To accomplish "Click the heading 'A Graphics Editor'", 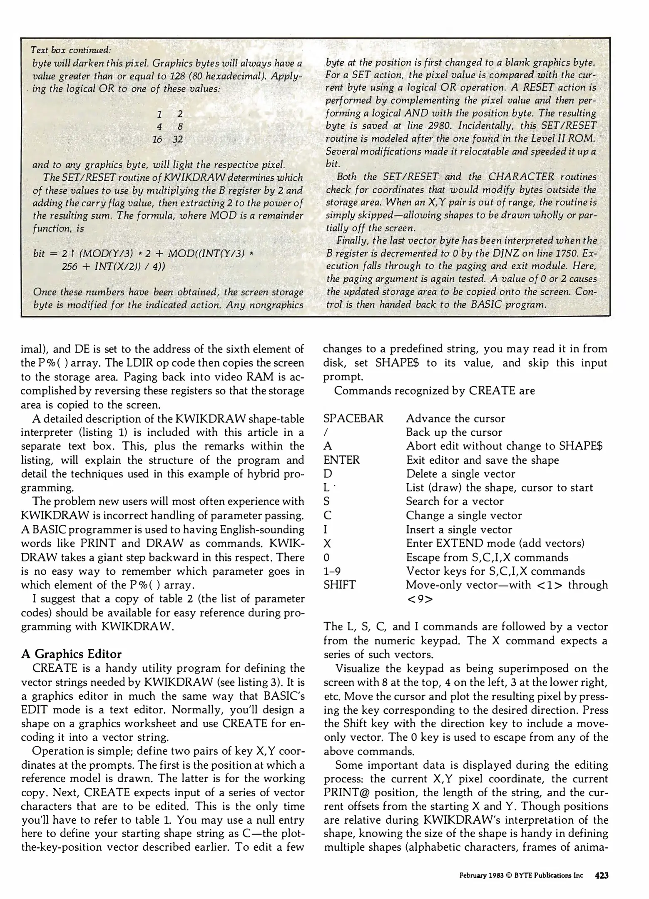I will coord(71,654).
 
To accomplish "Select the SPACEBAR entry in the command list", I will coord(353,418).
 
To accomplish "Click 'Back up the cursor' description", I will coord(454,432).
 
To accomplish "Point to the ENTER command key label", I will coord(341,460).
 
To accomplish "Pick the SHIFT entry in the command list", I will coord(339,585).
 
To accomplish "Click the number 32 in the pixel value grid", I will coord(178,139).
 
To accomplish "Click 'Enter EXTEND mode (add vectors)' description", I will coord(495,543).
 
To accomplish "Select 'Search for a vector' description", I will coord(455,502).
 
